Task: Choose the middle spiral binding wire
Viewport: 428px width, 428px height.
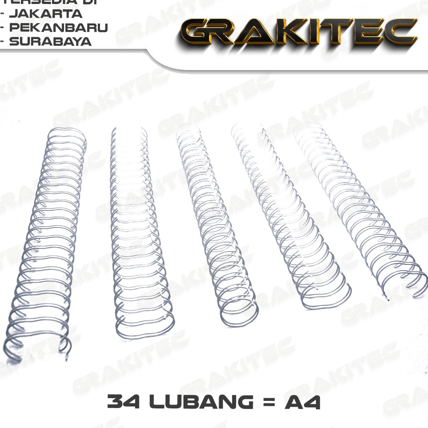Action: (213, 222)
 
